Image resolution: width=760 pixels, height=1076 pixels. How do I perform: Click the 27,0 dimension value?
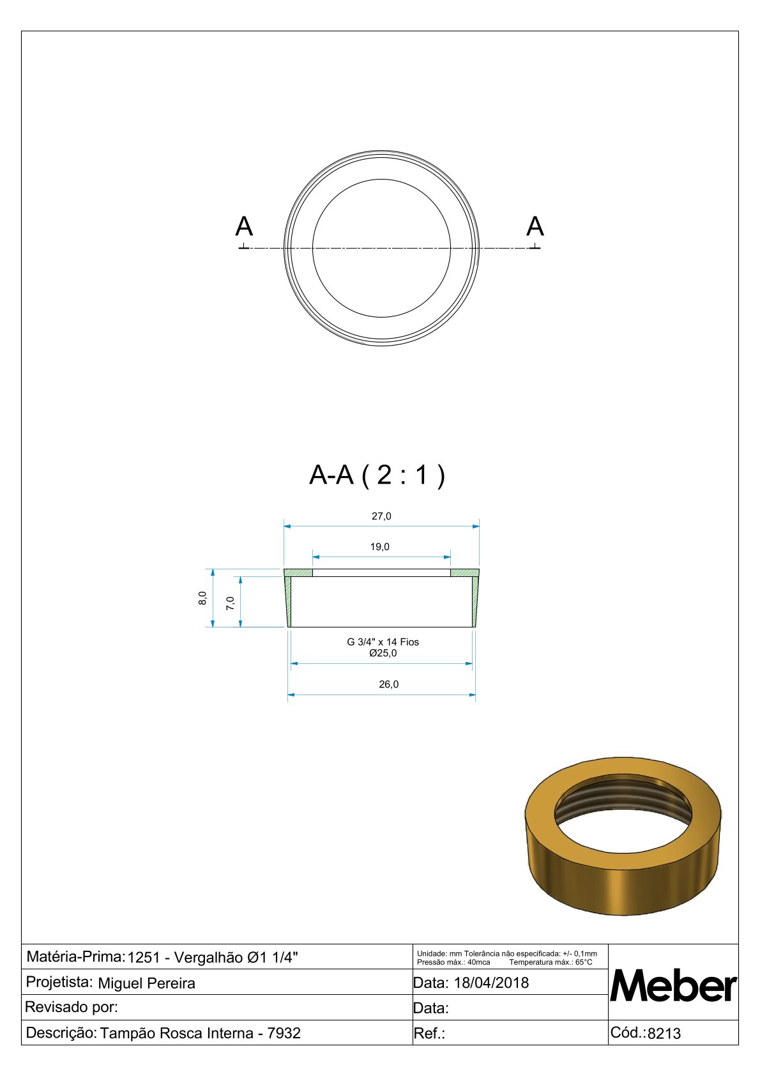tap(381, 516)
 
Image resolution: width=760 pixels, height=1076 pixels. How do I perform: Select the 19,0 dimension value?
tap(380, 547)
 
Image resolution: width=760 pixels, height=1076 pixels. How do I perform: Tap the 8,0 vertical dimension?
tap(202, 598)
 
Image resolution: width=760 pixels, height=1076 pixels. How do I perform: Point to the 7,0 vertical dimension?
tap(231, 603)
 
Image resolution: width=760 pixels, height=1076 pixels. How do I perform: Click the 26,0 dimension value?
tap(388, 684)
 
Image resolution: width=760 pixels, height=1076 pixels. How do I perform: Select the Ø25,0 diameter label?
tap(383, 653)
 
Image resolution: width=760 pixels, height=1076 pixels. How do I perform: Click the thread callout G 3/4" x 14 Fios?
tap(383, 642)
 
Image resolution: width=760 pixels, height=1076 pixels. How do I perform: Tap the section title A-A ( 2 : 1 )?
tap(377, 475)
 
